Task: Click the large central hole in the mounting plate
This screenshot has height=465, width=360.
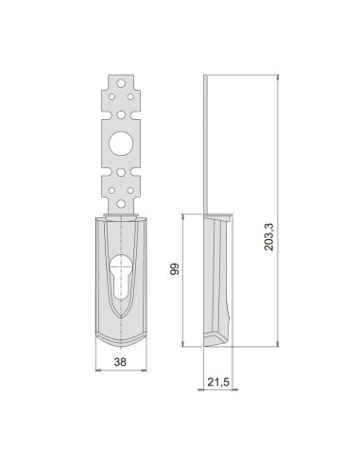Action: click(x=121, y=143)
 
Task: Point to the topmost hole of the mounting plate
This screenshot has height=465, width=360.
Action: click(x=121, y=84)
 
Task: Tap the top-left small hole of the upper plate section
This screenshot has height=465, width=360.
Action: click(x=111, y=95)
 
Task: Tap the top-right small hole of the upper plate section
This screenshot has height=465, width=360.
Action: click(x=131, y=95)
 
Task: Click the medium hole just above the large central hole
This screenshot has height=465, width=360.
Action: click(x=121, y=113)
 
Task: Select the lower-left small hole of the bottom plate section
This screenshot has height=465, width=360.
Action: click(x=111, y=190)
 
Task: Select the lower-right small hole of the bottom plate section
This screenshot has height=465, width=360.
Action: click(x=131, y=190)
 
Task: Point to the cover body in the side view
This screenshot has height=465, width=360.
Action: click(x=217, y=279)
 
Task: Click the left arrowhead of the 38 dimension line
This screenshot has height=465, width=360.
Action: click(x=98, y=372)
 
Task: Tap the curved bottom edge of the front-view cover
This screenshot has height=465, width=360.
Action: click(x=121, y=342)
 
